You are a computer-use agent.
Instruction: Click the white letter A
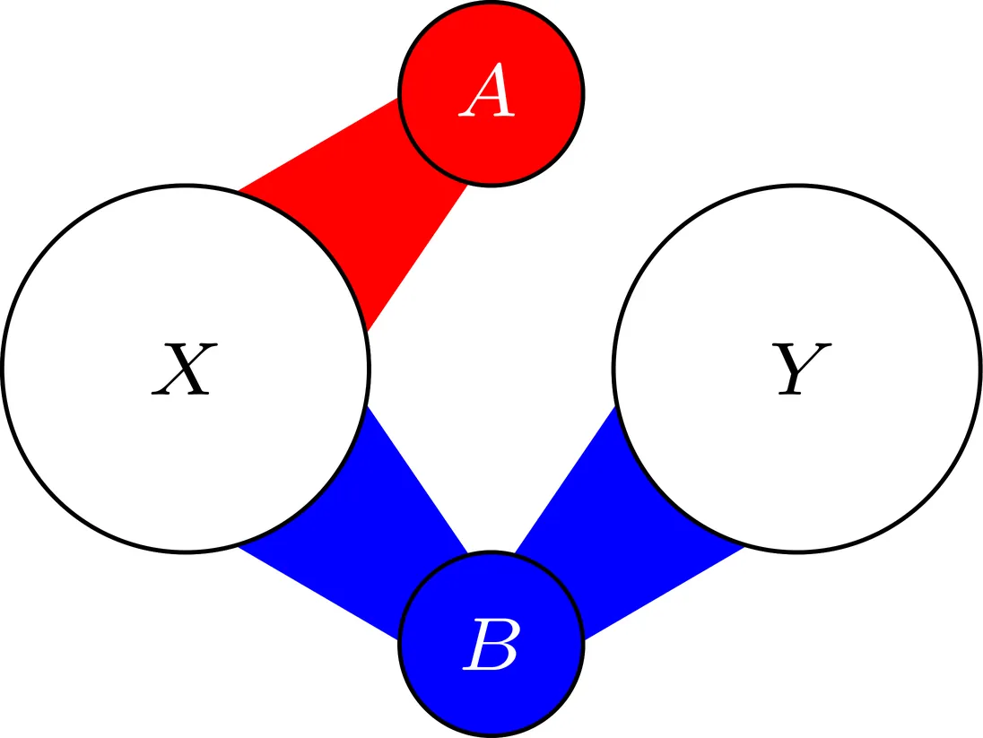[x=489, y=94]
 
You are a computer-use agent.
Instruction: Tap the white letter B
[x=490, y=646]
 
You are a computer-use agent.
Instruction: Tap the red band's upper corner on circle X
[x=240, y=191]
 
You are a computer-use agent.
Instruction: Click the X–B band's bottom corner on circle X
[x=240, y=545]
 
